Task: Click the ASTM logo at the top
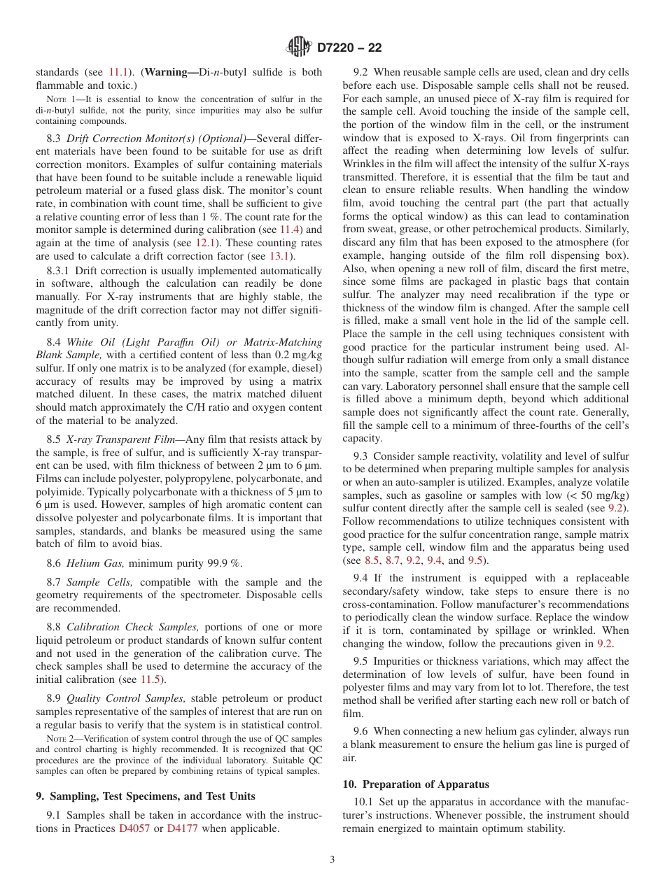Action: (299, 48)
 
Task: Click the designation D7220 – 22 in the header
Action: (349, 48)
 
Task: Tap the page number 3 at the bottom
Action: (332, 859)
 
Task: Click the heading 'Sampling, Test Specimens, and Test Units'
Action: (145, 796)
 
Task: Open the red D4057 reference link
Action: (134, 828)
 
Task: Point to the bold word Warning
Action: (172, 72)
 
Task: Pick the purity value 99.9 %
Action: (220, 563)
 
